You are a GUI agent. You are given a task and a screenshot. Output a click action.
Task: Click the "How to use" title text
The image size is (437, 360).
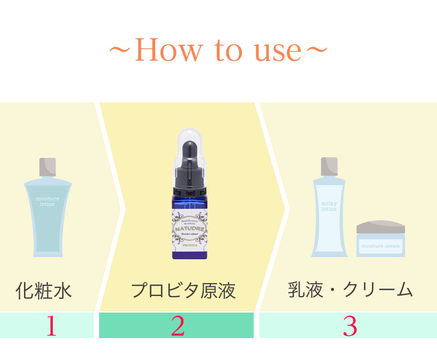pyautogui.click(x=218, y=51)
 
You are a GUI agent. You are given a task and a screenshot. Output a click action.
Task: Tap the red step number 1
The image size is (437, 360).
pyautogui.click(x=51, y=326)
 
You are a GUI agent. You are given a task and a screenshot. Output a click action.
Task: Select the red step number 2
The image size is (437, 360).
pyautogui.click(x=177, y=326)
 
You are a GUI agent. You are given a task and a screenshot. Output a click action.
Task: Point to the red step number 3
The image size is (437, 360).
pyautogui.click(x=349, y=326)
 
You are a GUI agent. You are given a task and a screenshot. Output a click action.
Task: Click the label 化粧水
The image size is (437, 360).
pyautogui.click(x=44, y=291)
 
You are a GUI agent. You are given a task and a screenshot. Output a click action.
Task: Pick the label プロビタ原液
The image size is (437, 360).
pyautogui.click(x=183, y=291)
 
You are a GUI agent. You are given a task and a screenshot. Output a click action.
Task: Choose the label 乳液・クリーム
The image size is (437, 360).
pyautogui.click(x=350, y=291)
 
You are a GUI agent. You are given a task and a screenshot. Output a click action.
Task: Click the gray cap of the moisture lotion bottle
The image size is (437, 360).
pyautogui.click(x=47, y=167)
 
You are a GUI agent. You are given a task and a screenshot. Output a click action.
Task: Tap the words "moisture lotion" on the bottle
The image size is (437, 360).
pyautogui.click(x=47, y=201)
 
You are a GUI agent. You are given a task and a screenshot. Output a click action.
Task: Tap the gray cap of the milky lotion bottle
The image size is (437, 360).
pyautogui.click(x=329, y=166)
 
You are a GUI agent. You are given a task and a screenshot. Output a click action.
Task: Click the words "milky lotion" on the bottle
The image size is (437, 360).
pyautogui.click(x=329, y=206)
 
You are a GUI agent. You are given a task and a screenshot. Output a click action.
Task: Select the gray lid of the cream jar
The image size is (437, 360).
pyautogui.click(x=381, y=227)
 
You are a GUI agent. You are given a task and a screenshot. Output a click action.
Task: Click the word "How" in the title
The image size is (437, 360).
pyautogui.click(x=168, y=51)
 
